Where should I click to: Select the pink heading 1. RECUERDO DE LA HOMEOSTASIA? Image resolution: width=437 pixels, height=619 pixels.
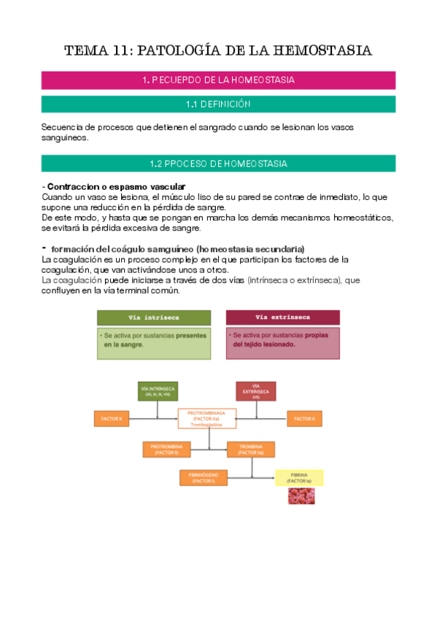[218, 80]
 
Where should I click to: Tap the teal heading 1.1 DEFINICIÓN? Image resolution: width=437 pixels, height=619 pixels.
[218, 104]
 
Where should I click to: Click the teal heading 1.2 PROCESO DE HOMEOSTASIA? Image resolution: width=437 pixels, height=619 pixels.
[218, 164]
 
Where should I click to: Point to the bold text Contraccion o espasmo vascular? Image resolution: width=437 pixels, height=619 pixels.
[116, 187]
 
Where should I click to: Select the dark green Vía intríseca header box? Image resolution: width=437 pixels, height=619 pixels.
[154, 318]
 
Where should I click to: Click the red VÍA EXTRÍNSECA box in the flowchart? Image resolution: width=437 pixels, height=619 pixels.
[256, 391]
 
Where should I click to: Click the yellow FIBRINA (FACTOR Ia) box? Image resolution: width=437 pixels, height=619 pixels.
[299, 478]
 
